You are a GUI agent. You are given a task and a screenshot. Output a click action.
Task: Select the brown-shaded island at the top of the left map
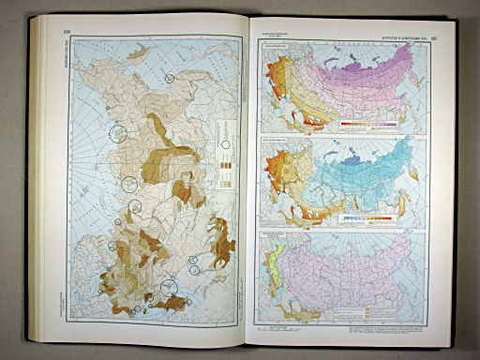(138, 56)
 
